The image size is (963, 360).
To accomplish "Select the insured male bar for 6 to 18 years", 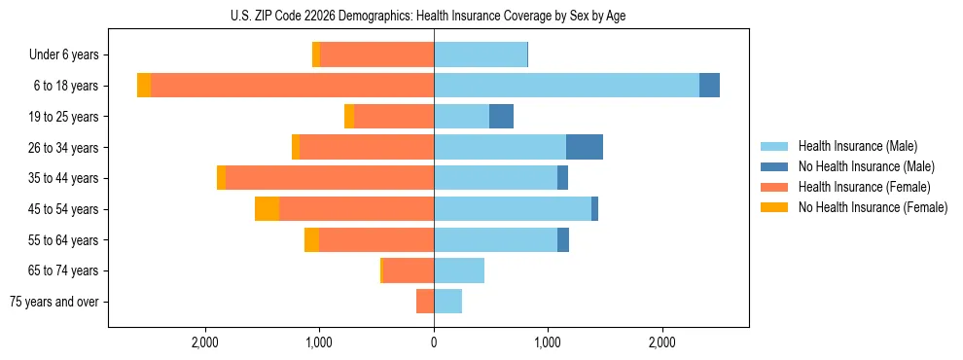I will pos(566,86).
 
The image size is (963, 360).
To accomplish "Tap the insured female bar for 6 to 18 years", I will pos(292,86).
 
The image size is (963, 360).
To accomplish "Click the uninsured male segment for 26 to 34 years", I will pos(584,147).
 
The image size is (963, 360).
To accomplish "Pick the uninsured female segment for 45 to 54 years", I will pos(267,209).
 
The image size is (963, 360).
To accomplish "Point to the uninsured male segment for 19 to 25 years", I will pos(501,117).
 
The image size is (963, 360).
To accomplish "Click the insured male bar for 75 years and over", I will pos(447,302).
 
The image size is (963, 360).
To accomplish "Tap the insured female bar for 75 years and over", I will pos(425,302).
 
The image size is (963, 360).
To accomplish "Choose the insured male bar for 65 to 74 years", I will pos(459,270).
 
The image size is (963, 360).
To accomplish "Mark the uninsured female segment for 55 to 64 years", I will pos(311,240).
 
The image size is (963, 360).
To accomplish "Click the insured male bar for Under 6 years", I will pos(481,54).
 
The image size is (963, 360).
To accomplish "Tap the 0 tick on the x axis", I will pos(434,342).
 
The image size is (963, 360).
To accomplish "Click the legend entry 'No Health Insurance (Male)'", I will pos(866,166).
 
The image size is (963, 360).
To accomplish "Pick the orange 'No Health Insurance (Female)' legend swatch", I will pos(775,207).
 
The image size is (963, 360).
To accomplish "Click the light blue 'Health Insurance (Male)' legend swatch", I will pos(775,146).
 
